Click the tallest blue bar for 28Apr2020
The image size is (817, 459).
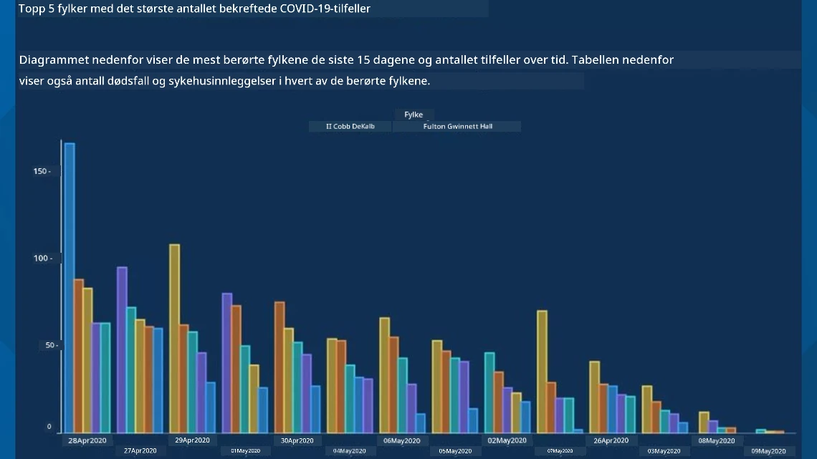coord(70,288)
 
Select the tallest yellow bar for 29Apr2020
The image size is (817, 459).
coord(175,338)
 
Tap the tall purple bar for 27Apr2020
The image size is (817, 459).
coord(122,349)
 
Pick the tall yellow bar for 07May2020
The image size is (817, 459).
coord(542,372)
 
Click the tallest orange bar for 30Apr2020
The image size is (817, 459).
coord(279,367)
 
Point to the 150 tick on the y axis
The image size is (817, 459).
coord(42,171)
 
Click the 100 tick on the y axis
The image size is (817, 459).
coord(43,258)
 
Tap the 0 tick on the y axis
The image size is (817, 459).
coord(49,427)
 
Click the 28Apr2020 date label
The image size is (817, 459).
coord(87,441)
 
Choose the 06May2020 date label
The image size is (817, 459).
coord(402,441)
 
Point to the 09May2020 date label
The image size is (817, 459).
coord(768,451)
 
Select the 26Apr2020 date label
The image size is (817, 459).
coord(611,441)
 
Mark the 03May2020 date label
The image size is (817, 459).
coord(664,451)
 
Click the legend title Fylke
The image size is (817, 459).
coord(414,115)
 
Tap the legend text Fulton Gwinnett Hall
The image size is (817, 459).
coord(457,127)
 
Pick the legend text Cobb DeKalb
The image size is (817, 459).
coord(354,127)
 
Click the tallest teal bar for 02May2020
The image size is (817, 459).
coord(489,393)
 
